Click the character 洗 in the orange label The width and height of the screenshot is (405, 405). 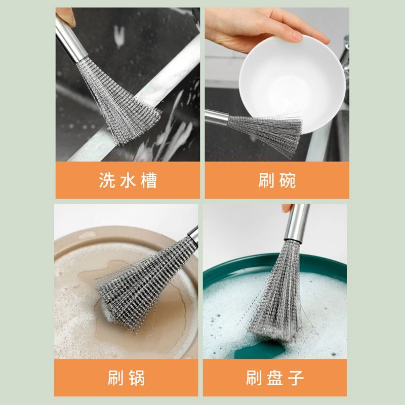click(107, 180)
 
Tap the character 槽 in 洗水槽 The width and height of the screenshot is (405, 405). click(149, 180)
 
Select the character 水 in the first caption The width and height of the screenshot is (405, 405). click(128, 180)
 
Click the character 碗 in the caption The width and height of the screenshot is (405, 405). click(288, 180)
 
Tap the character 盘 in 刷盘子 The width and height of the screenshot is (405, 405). click(275, 378)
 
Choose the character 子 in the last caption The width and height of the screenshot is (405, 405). click(296, 378)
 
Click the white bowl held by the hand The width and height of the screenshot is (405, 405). click(292, 83)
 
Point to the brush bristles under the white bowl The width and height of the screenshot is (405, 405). click(266, 132)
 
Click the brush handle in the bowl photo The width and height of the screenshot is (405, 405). click(217, 117)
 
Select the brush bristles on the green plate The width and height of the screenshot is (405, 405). click(277, 292)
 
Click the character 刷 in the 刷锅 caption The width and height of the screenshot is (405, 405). click(116, 378)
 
